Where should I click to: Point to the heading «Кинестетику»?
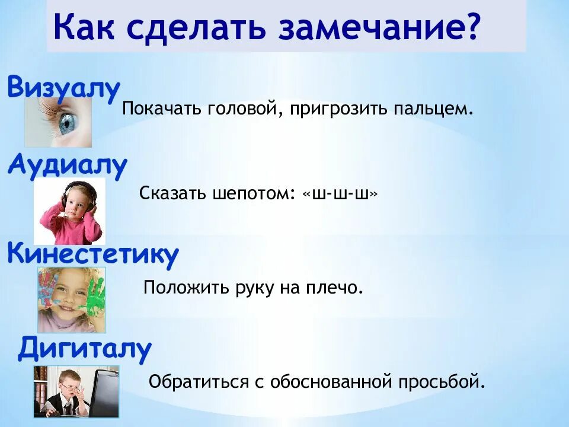pos(92,254)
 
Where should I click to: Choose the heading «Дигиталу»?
pos(85,348)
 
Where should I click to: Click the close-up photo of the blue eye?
pos(58,122)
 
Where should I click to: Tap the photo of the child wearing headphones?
pos(69,211)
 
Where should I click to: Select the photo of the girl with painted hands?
pos(71,299)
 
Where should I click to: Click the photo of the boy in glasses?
pos(75,391)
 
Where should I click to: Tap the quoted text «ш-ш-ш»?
pos(340,193)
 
